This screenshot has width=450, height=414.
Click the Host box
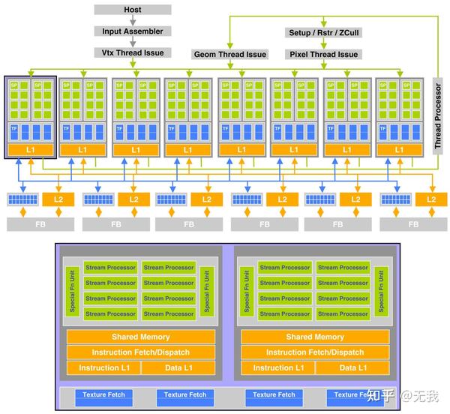(x=133, y=10)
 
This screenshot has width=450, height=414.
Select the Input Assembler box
(x=133, y=31)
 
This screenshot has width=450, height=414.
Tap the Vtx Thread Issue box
(x=133, y=52)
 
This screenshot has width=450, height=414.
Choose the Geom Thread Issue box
(x=230, y=54)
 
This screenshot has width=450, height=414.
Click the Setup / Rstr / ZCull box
(x=323, y=33)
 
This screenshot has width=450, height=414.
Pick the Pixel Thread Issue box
(x=323, y=54)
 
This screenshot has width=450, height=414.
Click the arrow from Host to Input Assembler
(x=133, y=21)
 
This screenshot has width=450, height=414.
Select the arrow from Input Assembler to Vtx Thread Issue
(x=133, y=42)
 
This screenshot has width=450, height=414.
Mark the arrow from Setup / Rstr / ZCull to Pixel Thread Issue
(x=323, y=43)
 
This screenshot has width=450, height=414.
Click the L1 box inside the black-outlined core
(x=30, y=150)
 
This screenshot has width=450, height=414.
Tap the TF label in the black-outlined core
(x=13, y=129)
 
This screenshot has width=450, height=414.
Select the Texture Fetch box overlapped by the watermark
(x=351, y=395)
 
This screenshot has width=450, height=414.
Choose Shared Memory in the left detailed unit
(x=140, y=337)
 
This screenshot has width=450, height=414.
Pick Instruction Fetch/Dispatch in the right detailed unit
(x=314, y=352)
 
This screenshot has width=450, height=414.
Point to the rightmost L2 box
(x=430, y=199)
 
